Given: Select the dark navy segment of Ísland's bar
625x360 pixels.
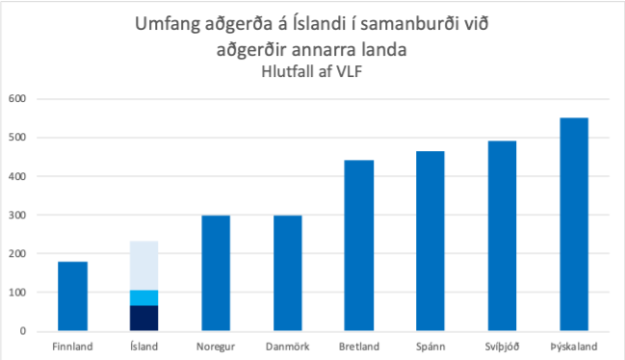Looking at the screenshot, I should click(x=143, y=318).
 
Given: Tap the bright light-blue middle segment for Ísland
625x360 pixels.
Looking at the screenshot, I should click(x=143, y=297).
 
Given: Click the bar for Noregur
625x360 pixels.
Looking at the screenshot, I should click(x=216, y=273).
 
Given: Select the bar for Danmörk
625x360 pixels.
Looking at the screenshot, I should click(x=287, y=273).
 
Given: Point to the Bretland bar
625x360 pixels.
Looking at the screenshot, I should click(x=359, y=245).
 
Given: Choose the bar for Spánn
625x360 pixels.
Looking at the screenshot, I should click(x=430, y=241).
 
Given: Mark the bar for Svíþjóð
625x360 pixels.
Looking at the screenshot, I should click(x=502, y=236).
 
